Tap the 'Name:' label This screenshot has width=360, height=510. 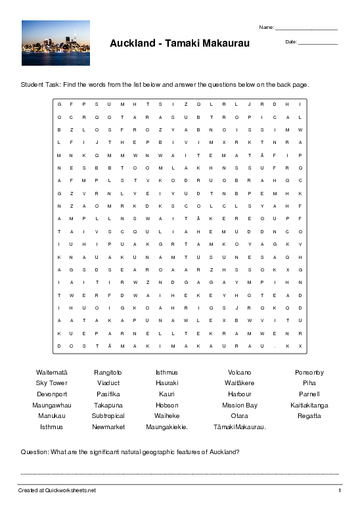pos(266,28)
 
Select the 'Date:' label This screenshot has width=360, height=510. pos(291,42)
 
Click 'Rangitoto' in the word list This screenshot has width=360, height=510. pos(108,373)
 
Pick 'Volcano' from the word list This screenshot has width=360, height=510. pos(240,373)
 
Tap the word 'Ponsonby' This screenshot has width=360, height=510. pos(309,373)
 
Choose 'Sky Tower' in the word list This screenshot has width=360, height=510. pos(52,383)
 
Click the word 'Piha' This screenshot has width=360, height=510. pos(309,383)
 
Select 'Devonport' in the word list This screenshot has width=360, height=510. pos(52,394)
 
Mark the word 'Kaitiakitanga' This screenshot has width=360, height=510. pos(309,406)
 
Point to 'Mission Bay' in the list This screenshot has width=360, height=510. pos(240,406)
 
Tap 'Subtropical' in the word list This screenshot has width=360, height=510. pos(108,416)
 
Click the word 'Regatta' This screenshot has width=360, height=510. pos(309,416)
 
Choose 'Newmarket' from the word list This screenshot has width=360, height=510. pos(108,427)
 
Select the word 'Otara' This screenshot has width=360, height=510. pos(240,416)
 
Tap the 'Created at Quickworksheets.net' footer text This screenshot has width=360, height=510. pos(57,490)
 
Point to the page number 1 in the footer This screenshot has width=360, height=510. pos(340,490)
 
